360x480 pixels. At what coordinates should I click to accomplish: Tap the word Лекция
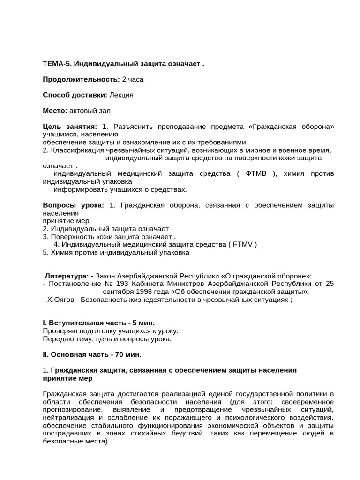(x=121, y=95)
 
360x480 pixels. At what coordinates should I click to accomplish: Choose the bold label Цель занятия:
(x=70, y=127)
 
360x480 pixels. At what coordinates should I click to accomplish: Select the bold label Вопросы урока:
(x=74, y=205)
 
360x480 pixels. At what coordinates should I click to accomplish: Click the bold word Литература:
(x=67, y=276)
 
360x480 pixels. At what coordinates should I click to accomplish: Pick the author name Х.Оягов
(x=60, y=300)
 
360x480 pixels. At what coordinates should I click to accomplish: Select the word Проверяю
(x=59, y=331)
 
